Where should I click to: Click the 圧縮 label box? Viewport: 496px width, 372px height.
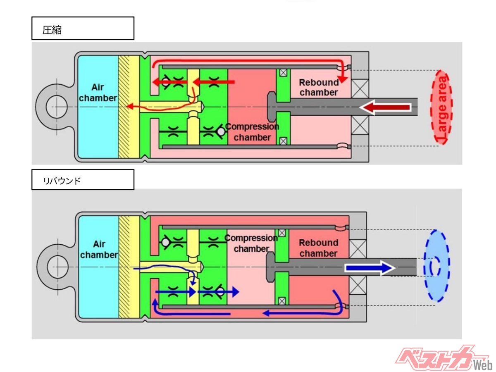[x=83, y=28]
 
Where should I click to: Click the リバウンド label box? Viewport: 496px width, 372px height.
[x=83, y=179]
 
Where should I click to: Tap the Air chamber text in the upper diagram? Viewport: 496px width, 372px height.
[x=98, y=93]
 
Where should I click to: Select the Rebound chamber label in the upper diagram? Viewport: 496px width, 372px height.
[x=319, y=87]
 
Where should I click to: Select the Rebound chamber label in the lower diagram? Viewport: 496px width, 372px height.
[x=318, y=248]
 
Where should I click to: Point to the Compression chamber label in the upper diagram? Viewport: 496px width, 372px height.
[x=252, y=132]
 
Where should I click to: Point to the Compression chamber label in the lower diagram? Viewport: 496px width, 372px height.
[x=251, y=243]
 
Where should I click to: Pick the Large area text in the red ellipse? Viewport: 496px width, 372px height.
[x=444, y=109]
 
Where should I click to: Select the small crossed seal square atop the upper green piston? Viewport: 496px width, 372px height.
[x=283, y=73]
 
